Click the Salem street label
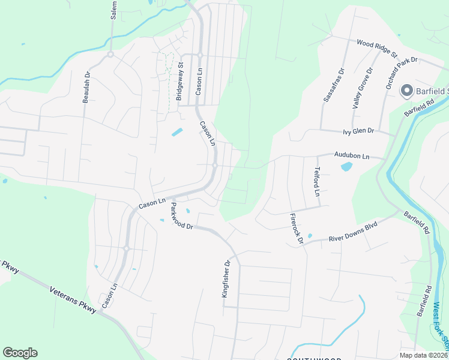click(113, 10)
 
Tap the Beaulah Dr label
click(86, 87)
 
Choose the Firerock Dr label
click(297, 229)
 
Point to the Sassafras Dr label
click(334, 85)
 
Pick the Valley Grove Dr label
click(362, 88)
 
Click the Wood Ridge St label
click(377, 48)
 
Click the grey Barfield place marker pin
click(406, 91)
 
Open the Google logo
click(20, 353)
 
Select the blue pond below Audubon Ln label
click(346, 166)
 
